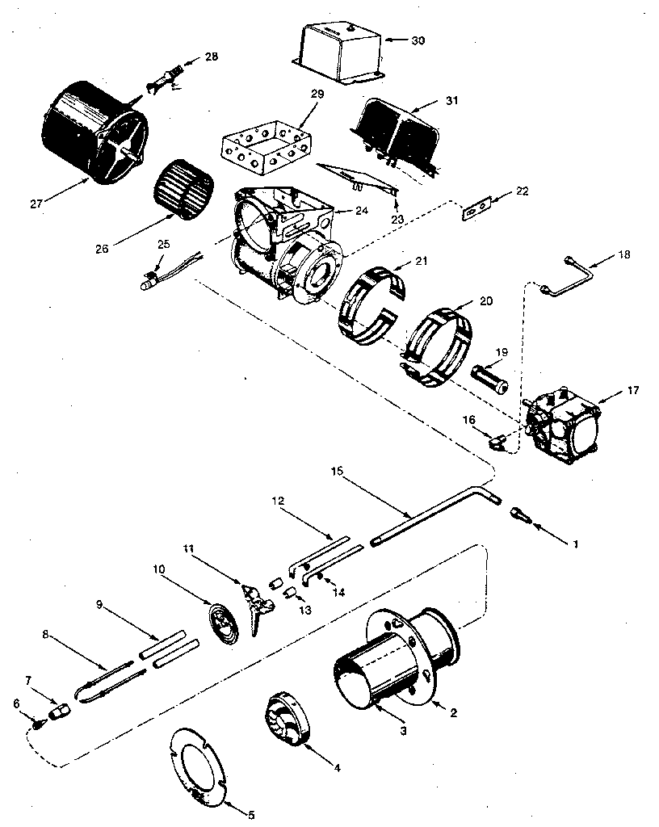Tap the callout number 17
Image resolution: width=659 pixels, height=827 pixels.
point(632,391)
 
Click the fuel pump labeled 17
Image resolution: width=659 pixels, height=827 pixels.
point(565,421)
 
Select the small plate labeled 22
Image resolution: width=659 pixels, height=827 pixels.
point(477,208)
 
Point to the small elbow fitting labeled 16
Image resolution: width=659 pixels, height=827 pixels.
point(497,441)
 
